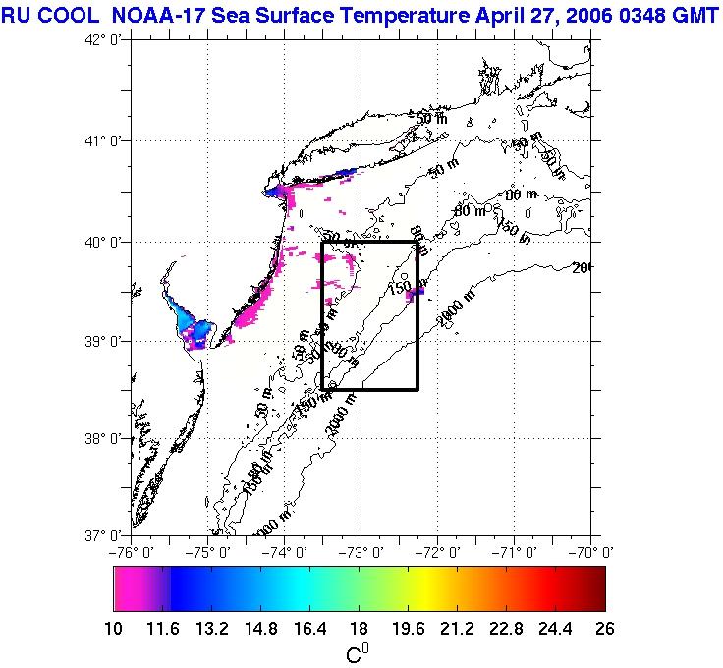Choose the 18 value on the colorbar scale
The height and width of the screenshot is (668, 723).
(359, 629)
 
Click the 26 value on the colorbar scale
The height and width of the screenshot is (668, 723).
(604, 629)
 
